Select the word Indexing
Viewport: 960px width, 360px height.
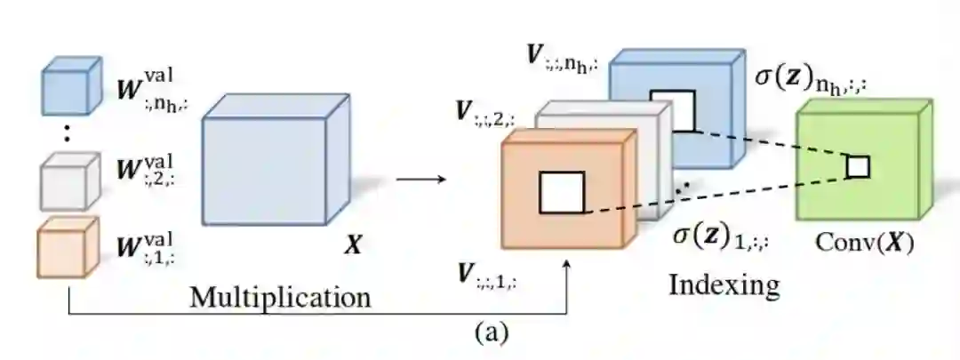pos(724,285)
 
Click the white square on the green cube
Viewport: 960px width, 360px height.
pos(857,166)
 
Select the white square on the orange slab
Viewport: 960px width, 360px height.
pos(562,193)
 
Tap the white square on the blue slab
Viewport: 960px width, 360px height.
pos(673,110)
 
